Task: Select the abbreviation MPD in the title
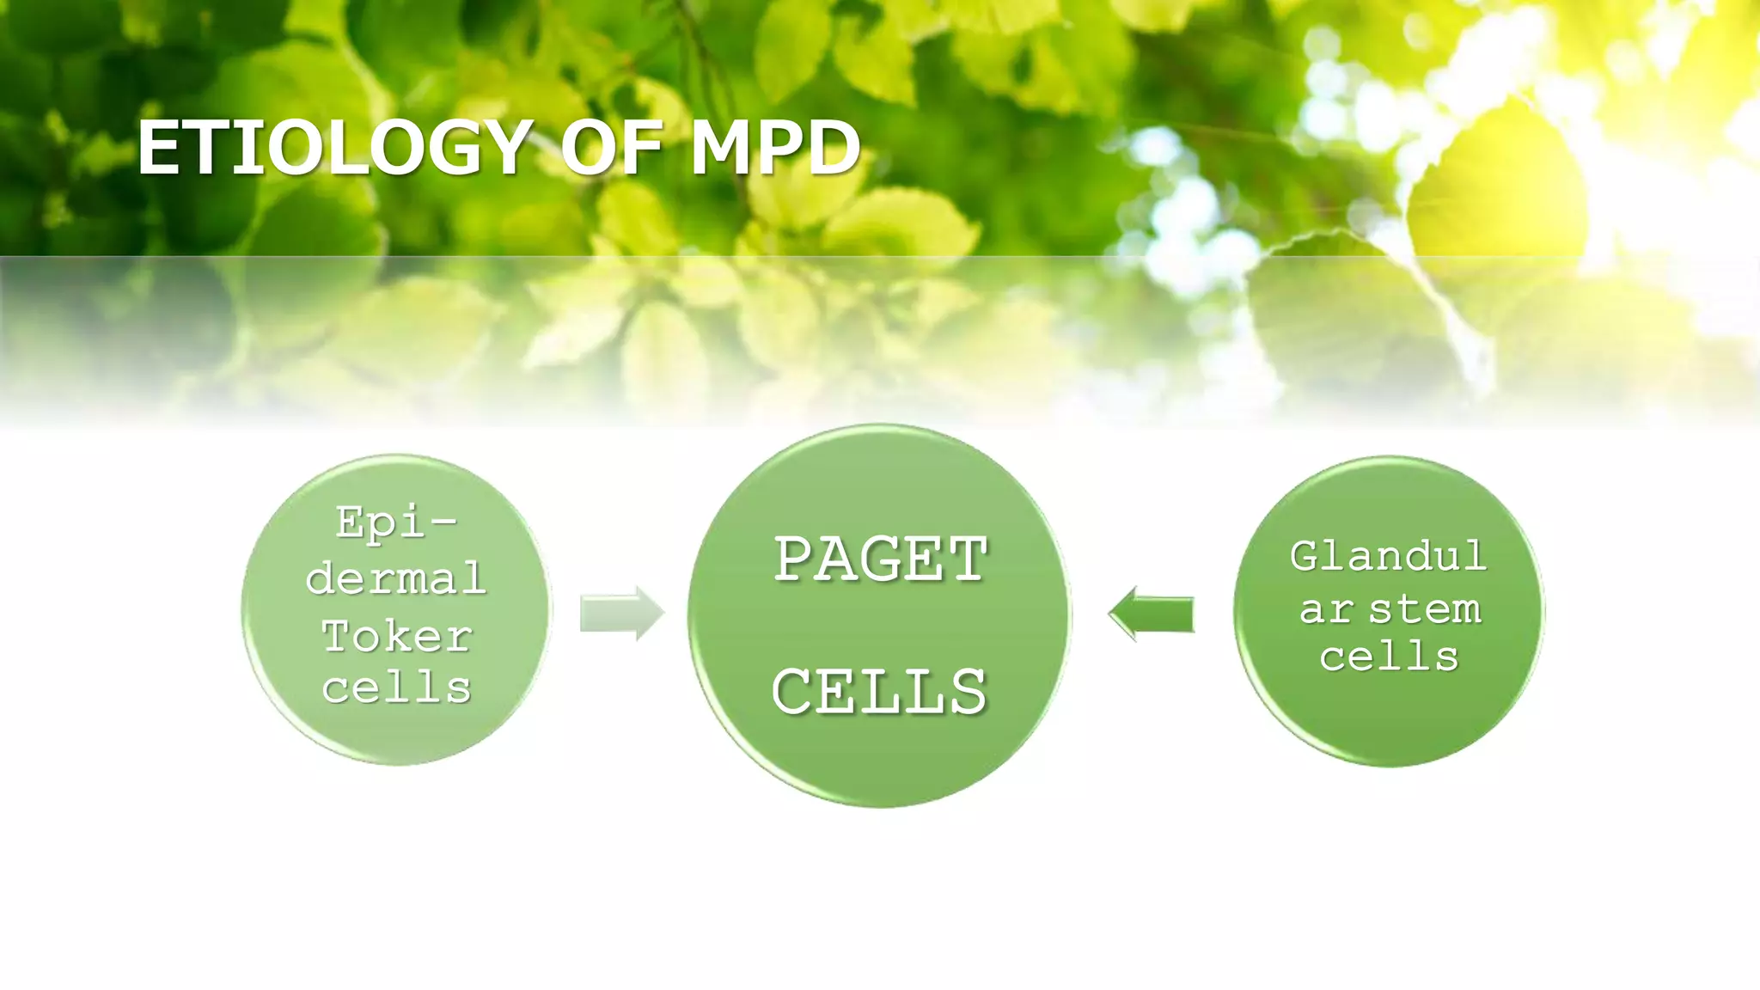773,147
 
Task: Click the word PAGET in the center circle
881,559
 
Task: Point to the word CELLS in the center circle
879,692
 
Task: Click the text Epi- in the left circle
396,522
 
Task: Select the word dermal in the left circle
396,577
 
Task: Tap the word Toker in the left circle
397,637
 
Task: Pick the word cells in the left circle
397,687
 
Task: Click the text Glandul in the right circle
1388,556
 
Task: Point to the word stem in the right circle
1425,609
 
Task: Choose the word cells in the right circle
1389,657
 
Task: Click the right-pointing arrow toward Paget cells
621,614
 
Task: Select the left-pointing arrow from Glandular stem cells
1152,614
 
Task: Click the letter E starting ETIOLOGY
156,147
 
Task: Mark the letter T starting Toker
336,637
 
